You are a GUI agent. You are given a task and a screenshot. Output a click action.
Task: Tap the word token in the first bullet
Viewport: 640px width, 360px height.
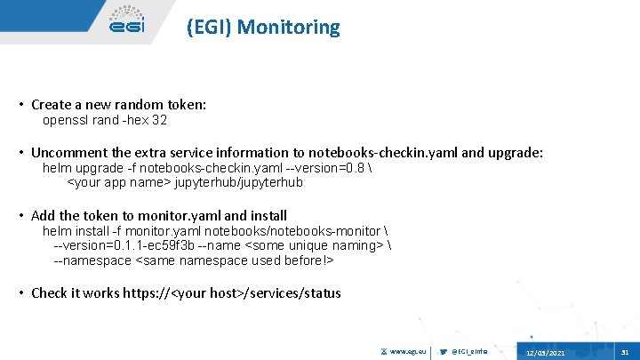tap(184, 105)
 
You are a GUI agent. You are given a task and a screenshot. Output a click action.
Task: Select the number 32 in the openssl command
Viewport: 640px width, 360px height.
tap(160, 120)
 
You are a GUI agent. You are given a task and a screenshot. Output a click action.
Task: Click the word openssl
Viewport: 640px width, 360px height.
tap(66, 120)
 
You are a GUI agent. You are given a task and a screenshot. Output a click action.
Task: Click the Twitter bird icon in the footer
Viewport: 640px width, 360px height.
tap(444, 353)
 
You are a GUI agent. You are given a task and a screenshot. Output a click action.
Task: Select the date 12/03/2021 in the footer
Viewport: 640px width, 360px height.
tap(544, 354)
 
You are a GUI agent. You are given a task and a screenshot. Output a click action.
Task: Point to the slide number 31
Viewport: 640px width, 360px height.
tap(625, 353)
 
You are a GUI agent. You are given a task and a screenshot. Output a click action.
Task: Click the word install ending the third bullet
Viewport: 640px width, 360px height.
tap(269, 216)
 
